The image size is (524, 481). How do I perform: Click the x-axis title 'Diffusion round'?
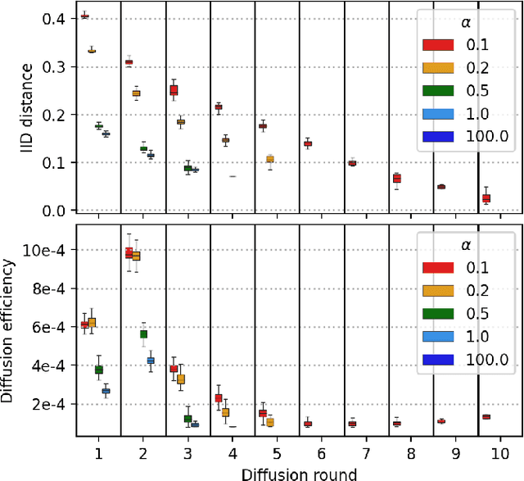299,473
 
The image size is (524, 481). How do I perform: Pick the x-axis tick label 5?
277,453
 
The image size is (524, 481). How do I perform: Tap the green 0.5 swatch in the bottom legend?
438,314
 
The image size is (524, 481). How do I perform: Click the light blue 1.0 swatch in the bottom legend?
438,337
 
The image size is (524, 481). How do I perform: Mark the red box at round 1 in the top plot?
85,16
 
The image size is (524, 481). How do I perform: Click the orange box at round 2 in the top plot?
136,93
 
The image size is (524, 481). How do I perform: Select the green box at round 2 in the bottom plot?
143,334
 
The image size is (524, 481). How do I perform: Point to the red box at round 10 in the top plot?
486,198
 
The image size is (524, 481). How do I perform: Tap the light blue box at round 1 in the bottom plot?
106,391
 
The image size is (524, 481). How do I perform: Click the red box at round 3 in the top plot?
174,90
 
